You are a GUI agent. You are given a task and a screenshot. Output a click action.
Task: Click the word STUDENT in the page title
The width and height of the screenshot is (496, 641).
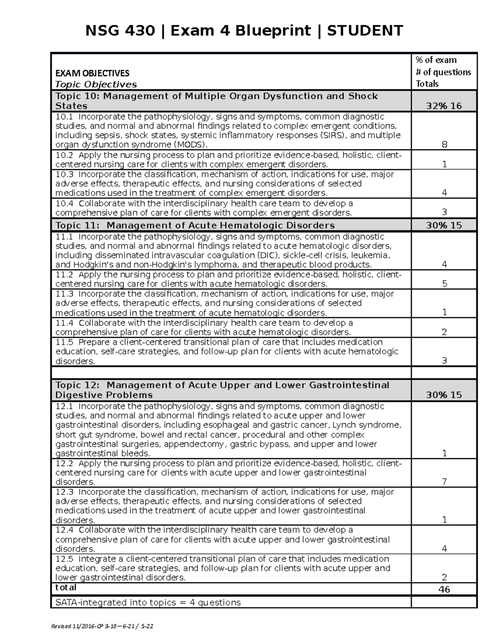(365, 31)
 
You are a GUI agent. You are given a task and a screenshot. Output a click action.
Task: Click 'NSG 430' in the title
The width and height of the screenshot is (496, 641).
(120, 31)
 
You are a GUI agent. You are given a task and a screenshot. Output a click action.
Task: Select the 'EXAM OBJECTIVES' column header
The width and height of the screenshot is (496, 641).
(92, 73)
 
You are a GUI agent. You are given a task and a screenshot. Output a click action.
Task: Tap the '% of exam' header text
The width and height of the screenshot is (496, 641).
(436, 60)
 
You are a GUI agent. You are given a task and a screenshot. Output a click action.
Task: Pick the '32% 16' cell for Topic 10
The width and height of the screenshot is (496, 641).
(444, 106)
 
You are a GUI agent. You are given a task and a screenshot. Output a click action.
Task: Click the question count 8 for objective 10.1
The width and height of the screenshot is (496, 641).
(444, 144)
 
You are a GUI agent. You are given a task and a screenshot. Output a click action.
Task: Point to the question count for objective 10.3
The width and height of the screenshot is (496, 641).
(444, 193)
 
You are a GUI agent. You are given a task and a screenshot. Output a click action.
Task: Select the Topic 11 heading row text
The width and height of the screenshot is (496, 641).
(195, 225)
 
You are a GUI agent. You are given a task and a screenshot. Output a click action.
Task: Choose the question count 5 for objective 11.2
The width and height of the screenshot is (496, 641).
(444, 284)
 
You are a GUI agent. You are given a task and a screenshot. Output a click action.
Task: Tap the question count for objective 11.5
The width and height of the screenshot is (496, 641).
(444, 361)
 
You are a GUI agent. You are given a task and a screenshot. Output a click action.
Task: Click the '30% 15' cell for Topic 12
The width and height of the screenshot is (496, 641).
(444, 395)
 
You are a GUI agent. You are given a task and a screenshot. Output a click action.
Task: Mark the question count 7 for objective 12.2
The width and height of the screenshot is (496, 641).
(444, 482)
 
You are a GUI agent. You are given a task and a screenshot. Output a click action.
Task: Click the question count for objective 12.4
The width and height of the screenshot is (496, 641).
(444, 549)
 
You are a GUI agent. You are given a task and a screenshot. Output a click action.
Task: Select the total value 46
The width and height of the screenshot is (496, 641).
(444, 589)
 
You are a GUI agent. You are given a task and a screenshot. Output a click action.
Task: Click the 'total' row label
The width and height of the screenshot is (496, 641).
(66, 587)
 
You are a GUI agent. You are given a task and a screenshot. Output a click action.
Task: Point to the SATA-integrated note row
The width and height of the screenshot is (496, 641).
(148, 603)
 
